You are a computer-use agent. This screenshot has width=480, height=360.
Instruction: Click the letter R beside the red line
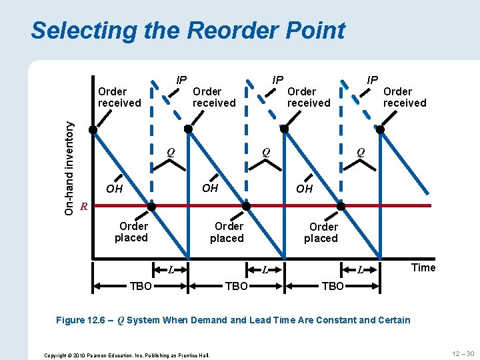click(x=83, y=206)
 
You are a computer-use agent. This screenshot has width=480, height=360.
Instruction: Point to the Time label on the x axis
click(x=423, y=268)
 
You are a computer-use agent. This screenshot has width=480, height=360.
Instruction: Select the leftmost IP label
click(x=181, y=80)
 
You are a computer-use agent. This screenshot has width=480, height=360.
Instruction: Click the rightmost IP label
click(x=373, y=80)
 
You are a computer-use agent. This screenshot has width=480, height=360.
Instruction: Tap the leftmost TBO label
click(x=140, y=286)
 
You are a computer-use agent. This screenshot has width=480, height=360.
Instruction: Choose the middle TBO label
click(x=237, y=286)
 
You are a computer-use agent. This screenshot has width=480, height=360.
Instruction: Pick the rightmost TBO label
click(x=333, y=286)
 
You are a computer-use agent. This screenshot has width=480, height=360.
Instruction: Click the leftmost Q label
click(x=171, y=151)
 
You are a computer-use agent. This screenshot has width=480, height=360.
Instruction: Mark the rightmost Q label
click(x=361, y=151)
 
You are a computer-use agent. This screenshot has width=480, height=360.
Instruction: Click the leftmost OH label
click(x=115, y=189)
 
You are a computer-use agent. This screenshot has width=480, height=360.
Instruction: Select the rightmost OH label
click(x=304, y=189)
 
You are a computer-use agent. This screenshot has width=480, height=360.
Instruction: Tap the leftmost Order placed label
click(x=132, y=232)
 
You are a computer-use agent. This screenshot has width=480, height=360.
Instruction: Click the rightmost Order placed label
click(x=322, y=232)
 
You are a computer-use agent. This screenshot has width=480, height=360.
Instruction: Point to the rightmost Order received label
click(x=404, y=97)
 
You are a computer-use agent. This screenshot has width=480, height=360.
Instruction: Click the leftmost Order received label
click(x=119, y=97)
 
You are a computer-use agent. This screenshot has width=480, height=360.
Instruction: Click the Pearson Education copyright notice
click(x=127, y=355)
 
